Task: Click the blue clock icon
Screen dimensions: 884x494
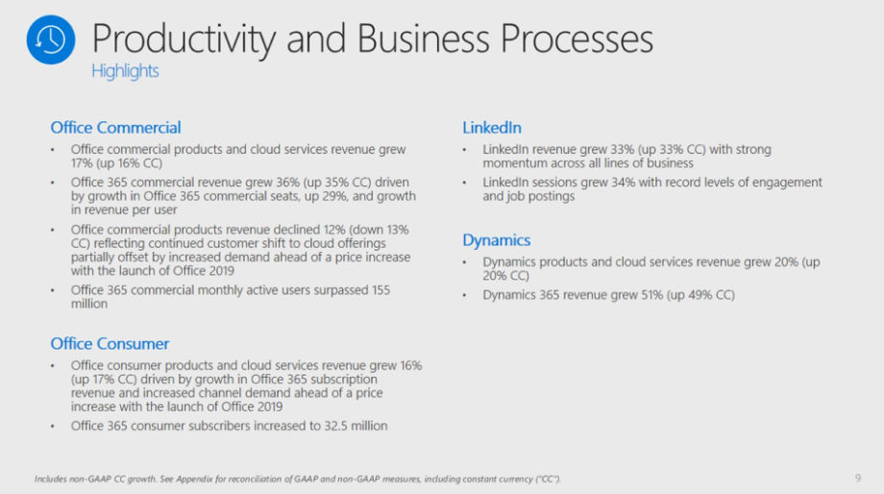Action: pos(51,39)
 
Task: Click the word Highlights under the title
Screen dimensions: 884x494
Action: pos(125,71)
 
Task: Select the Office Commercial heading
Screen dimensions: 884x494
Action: pos(115,128)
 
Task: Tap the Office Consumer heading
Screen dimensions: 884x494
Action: pos(110,343)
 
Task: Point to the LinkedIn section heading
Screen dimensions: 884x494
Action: pos(492,128)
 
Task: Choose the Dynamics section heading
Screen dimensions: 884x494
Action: pos(496,240)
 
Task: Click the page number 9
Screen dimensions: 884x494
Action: pos(858,479)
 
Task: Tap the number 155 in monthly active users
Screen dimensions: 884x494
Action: pos(381,290)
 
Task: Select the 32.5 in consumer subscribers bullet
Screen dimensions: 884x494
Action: pos(335,426)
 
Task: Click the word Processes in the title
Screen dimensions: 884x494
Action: pos(577,38)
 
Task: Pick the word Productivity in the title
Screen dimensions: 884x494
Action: pos(184,39)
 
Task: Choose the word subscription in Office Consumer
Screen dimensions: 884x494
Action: pos(344,380)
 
